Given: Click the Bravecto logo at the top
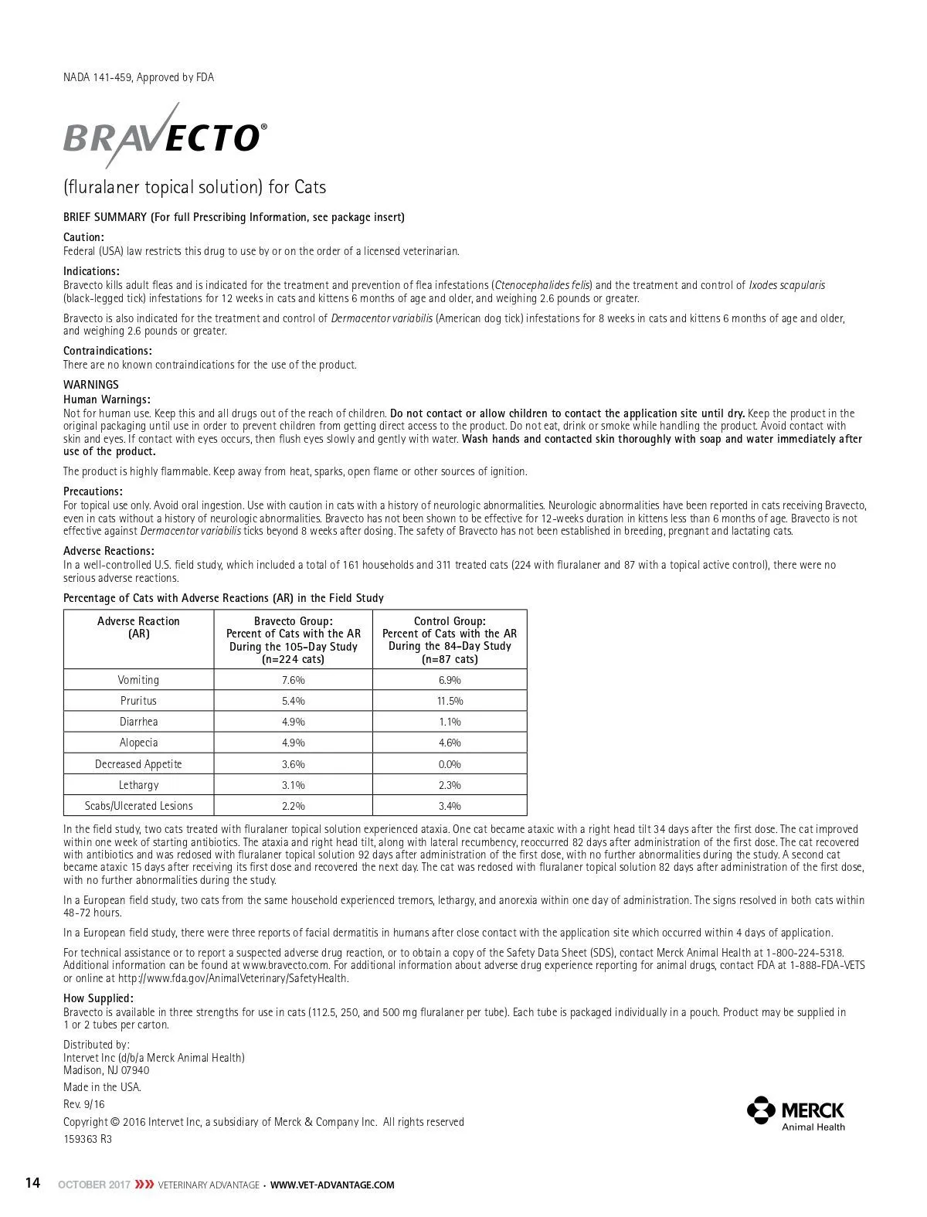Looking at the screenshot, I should pos(165,138).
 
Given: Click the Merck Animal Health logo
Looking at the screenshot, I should pos(796,1113).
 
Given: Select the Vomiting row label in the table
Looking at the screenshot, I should pos(138,680).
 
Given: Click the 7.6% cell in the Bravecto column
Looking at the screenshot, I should pos(293,680).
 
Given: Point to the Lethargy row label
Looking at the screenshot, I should pos(138,785).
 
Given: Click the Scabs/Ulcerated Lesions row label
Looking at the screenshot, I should pos(138,806).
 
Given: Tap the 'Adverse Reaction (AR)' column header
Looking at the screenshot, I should pos(138,627).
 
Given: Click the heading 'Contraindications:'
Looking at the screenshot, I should pos(107,351).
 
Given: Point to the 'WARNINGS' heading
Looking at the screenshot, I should pos(91,385).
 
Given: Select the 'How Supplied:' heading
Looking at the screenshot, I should pos(98,998).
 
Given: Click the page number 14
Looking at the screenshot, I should pos(32,1183).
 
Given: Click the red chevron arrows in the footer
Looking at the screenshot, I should pos(144,1185).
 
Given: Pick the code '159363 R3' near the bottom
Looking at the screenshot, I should pos(87,1138).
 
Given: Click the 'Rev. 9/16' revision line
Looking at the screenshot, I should pos(83,1104).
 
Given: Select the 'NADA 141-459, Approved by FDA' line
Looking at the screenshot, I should pos(138,77).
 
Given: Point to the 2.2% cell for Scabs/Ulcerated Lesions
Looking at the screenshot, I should pos(293,806).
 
